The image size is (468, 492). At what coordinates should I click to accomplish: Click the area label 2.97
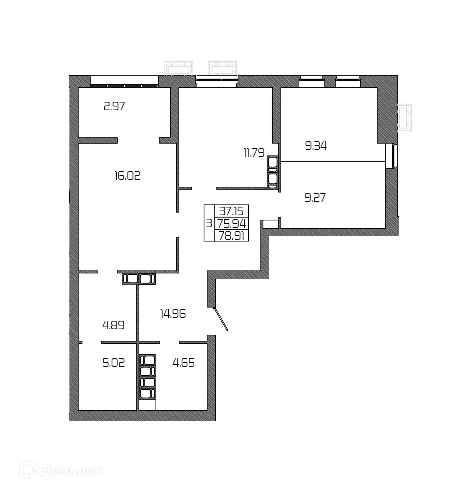point(114,106)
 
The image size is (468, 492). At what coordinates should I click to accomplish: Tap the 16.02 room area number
point(128,176)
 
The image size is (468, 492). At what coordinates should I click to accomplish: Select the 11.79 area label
point(254,153)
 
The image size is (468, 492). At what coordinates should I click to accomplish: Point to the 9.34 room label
point(316,146)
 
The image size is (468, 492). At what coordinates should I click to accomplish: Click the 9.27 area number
point(315,197)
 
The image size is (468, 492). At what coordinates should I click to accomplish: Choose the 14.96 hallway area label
point(173,314)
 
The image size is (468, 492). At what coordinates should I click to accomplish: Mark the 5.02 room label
point(113,362)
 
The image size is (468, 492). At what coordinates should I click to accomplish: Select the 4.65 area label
point(183,362)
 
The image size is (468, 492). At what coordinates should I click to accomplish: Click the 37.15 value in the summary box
point(231,212)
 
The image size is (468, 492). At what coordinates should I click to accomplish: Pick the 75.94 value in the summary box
point(231,223)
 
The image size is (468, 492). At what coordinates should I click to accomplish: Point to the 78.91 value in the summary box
point(231,235)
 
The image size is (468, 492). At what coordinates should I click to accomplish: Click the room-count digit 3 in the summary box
point(209,223)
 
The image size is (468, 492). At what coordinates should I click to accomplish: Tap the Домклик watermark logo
point(60,471)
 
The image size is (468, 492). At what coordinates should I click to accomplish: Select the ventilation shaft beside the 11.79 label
point(273,172)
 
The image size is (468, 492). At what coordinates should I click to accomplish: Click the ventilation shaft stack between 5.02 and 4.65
point(147,377)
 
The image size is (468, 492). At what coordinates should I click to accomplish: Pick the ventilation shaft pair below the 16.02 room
point(138,278)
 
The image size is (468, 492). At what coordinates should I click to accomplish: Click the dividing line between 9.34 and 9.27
point(333,161)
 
